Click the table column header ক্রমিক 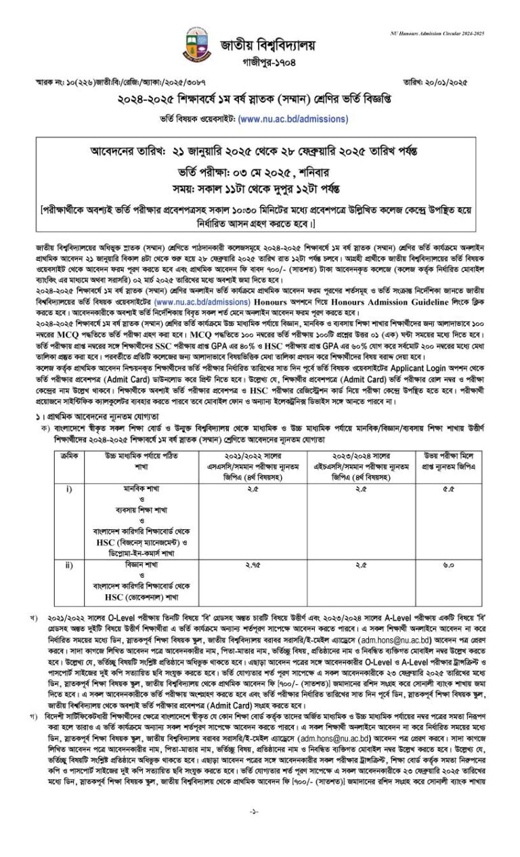69,457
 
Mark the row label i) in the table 69,488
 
